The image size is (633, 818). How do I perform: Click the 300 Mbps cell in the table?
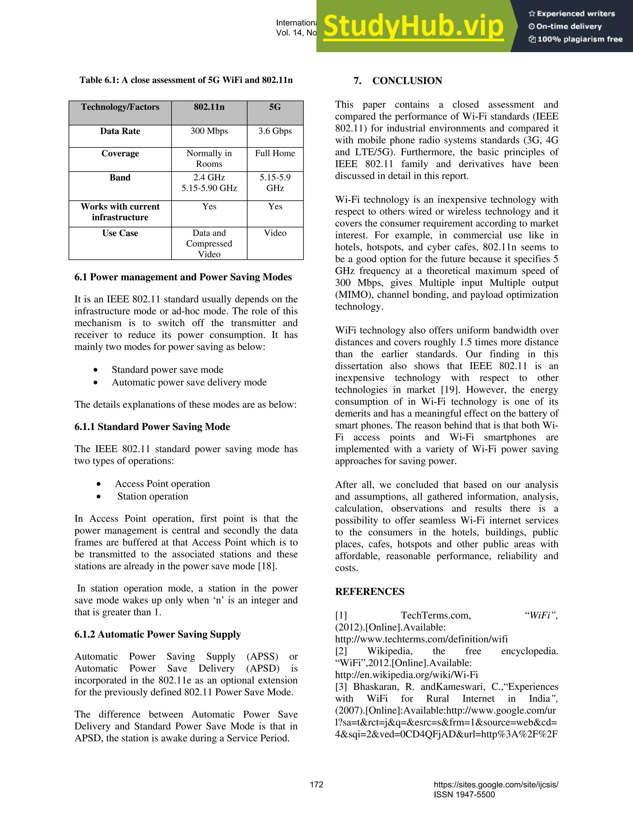tap(209, 131)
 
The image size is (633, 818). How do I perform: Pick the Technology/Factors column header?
tap(120, 107)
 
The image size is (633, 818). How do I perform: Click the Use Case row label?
tap(120, 233)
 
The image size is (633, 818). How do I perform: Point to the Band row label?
tap(120, 177)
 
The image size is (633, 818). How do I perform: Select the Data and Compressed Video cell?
tap(209, 244)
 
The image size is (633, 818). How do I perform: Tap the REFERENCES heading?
tap(369, 592)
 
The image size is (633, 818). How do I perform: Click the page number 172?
tap(316, 785)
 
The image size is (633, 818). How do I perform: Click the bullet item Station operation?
tap(153, 496)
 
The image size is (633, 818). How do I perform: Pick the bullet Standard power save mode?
tap(167, 370)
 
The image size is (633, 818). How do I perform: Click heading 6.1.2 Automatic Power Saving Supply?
tap(158, 634)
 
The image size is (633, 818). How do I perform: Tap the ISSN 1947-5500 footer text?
tap(464, 795)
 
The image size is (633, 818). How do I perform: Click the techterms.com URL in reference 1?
tap(421, 639)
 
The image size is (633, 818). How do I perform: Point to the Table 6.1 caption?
tap(186, 80)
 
